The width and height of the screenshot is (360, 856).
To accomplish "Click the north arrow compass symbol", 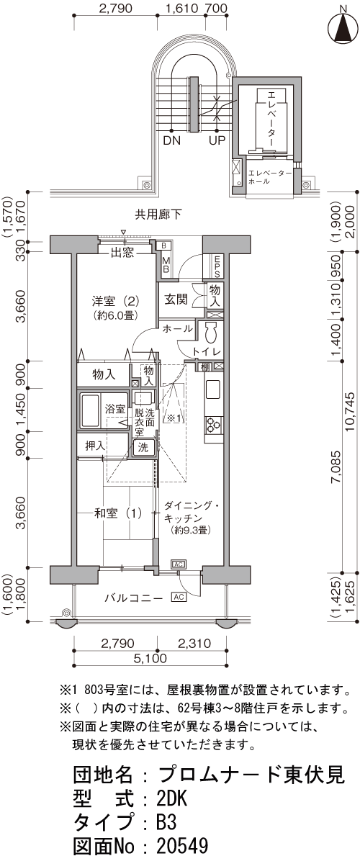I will tap(343, 27).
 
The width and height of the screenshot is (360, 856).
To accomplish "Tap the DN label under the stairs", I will tap(171, 140).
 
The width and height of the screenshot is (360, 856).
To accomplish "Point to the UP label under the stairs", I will tap(217, 140).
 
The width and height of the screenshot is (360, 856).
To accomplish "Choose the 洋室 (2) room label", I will tap(115, 300).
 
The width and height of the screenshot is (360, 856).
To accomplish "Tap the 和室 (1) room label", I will tap(118, 513).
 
